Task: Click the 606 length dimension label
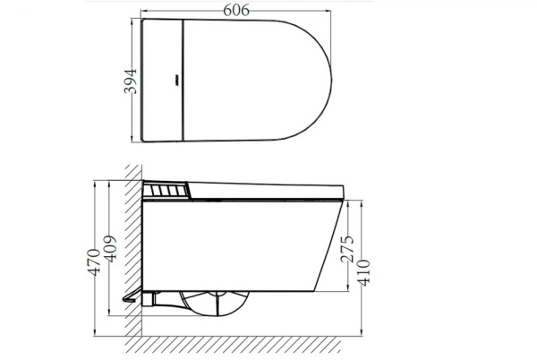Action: coord(234,10)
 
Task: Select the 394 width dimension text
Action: coord(129,82)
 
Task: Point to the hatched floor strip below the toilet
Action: coord(242,344)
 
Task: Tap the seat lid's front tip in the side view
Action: coord(344,187)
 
